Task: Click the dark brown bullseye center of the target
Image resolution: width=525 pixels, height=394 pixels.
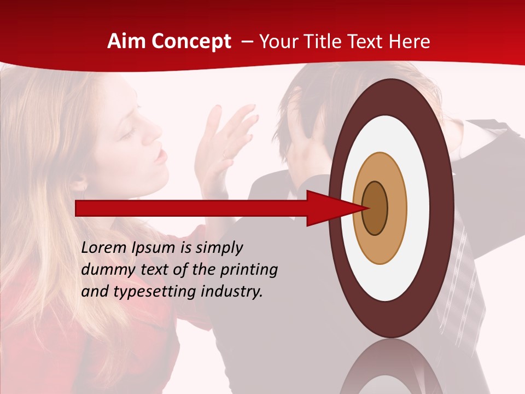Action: tap(375, 208)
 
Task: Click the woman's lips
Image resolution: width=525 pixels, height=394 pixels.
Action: tap(160, 157)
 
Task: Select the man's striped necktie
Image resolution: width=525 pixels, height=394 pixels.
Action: tap(459, 274)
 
